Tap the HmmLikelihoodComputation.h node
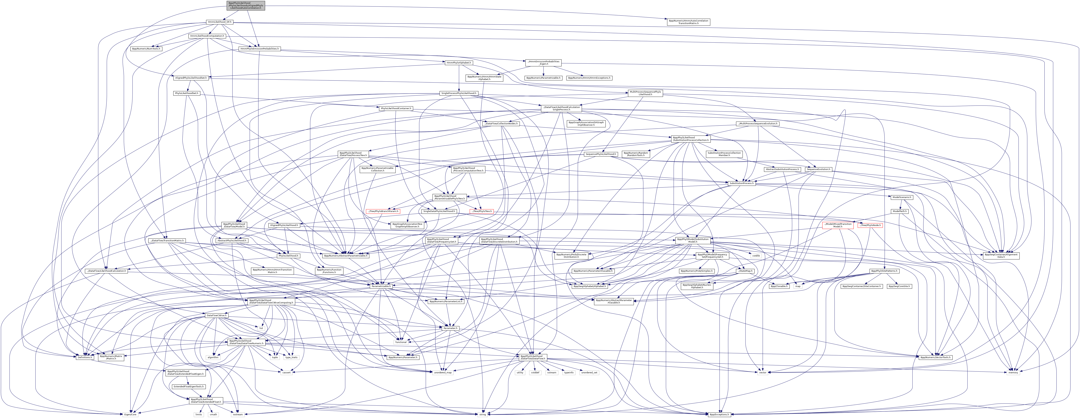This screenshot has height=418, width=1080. (x=207, y=36)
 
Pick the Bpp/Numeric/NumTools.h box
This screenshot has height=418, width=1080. (x=146, y=49)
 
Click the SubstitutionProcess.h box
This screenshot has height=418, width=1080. (x=741, y=183)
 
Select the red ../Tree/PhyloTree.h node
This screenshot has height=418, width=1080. (x=481, y=211)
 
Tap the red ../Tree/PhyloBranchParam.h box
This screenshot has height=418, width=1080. (x=382, y=211)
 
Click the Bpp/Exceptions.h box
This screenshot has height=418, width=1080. (x=719, y=414)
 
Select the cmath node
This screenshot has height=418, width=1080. (x=213, y=414)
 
